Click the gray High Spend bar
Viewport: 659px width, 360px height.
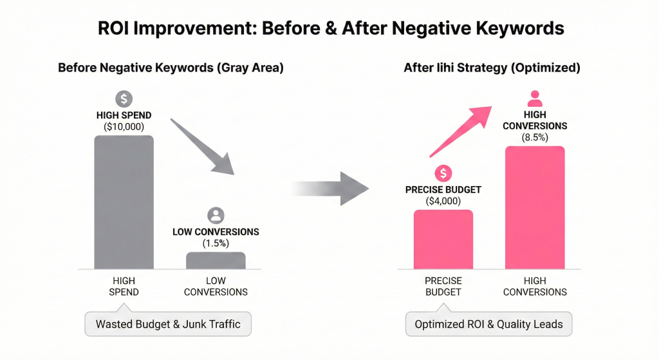pos(124,202)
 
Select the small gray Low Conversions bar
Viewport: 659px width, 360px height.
pos(216,260)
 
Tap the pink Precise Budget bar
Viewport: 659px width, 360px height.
pos(443,240)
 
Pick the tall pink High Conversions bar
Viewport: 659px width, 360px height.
pos(535,207)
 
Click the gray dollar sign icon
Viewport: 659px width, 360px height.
pos(124,99)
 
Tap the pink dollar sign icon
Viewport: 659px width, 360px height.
pos(443,173)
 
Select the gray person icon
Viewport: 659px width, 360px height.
pos(216,216)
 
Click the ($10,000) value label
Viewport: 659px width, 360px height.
pos(124,127)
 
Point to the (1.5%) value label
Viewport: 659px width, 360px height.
pos(216,243)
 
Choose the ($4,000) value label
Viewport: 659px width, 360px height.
pos(443,202)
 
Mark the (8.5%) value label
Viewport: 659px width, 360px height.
pos(535,137)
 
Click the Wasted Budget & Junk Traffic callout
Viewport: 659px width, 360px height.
pos(168,324)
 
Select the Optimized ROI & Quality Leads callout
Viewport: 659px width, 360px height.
pos(488,324)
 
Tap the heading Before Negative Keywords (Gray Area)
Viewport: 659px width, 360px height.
pos(171,68)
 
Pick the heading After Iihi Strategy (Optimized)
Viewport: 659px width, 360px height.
pos(492,68)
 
